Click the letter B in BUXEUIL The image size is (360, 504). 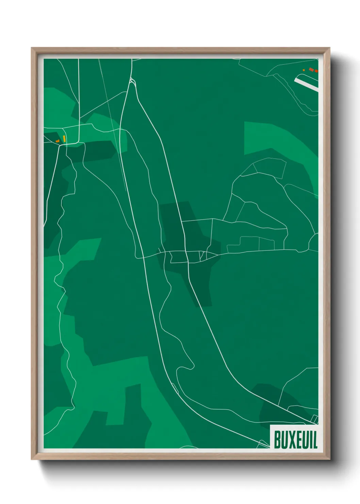277,440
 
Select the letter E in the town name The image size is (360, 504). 298,440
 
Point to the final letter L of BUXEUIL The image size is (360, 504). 315,440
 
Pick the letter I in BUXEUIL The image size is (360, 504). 310,440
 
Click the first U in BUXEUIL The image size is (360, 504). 285,440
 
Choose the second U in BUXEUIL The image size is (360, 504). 305,440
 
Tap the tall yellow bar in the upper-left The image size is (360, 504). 64,139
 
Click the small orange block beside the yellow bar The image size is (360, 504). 58,141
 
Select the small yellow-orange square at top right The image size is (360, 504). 304,70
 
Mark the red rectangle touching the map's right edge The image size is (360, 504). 316,71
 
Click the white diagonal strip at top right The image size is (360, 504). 306,84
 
